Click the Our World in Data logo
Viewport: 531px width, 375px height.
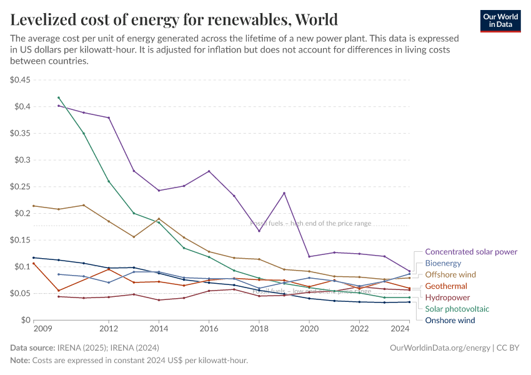pos(500,20)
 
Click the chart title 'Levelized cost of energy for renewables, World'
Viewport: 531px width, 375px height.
pos(174,20)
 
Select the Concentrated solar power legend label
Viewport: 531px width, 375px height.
pos(471,252)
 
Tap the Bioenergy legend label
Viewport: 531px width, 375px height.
pos(443,263)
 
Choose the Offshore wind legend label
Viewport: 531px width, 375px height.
pos(450,274)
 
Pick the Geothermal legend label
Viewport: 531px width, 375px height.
pos(446,286)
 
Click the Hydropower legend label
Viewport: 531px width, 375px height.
pos(447,297)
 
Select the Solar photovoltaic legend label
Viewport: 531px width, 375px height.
pos(457,309)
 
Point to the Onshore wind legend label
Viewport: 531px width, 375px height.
pos(450,320)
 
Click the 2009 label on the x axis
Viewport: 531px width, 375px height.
pos(42,329)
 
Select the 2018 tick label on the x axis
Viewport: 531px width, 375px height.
pos(259,329)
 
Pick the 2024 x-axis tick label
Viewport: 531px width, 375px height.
pos(400,329)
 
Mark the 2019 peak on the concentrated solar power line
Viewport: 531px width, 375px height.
pos(284,193)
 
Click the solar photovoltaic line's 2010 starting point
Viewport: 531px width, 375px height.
pos(59,97)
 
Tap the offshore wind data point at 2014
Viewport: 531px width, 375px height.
pos(159,219)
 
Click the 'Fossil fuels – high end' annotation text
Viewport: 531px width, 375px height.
pos(310,223)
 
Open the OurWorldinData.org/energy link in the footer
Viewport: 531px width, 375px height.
pos(439,347)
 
